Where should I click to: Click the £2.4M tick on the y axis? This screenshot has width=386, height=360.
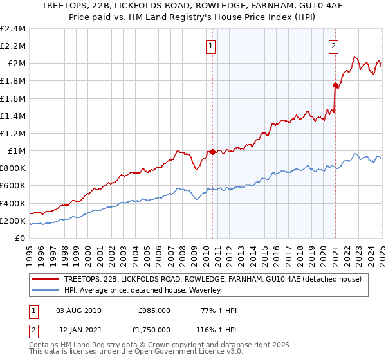(13, 29)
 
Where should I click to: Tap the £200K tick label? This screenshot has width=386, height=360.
(13, 221)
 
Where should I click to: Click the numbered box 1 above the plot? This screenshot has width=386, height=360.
(211, 46)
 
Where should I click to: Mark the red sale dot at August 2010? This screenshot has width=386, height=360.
(212, 152)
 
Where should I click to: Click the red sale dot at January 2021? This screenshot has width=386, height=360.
(335, 85)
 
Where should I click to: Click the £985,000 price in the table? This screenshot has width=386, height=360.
(154, 310)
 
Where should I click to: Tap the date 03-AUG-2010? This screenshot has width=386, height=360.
(79, 310)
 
